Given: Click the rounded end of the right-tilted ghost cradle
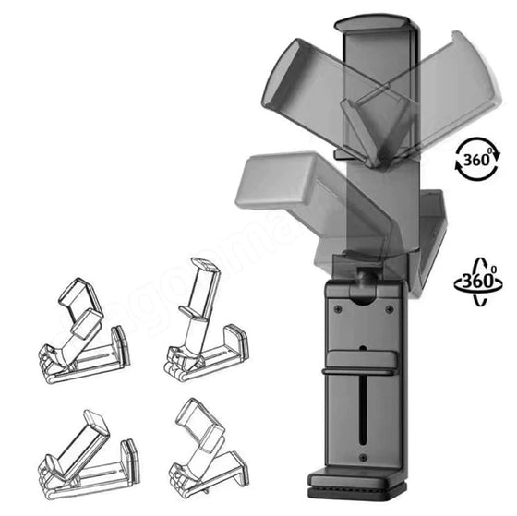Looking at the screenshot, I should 473,55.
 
